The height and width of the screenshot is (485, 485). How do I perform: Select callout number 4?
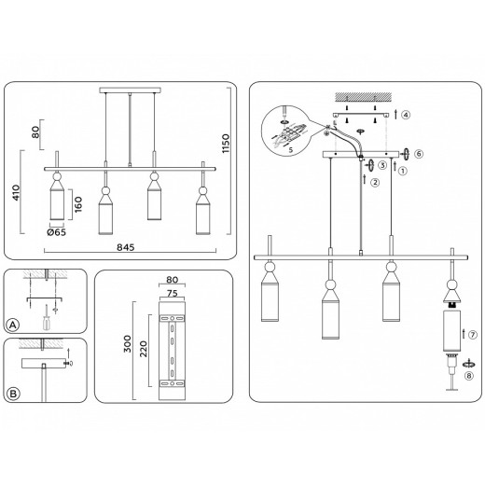405,115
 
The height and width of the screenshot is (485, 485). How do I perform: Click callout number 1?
402,171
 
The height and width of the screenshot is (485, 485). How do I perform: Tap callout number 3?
383,165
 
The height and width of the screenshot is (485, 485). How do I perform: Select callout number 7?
474,334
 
